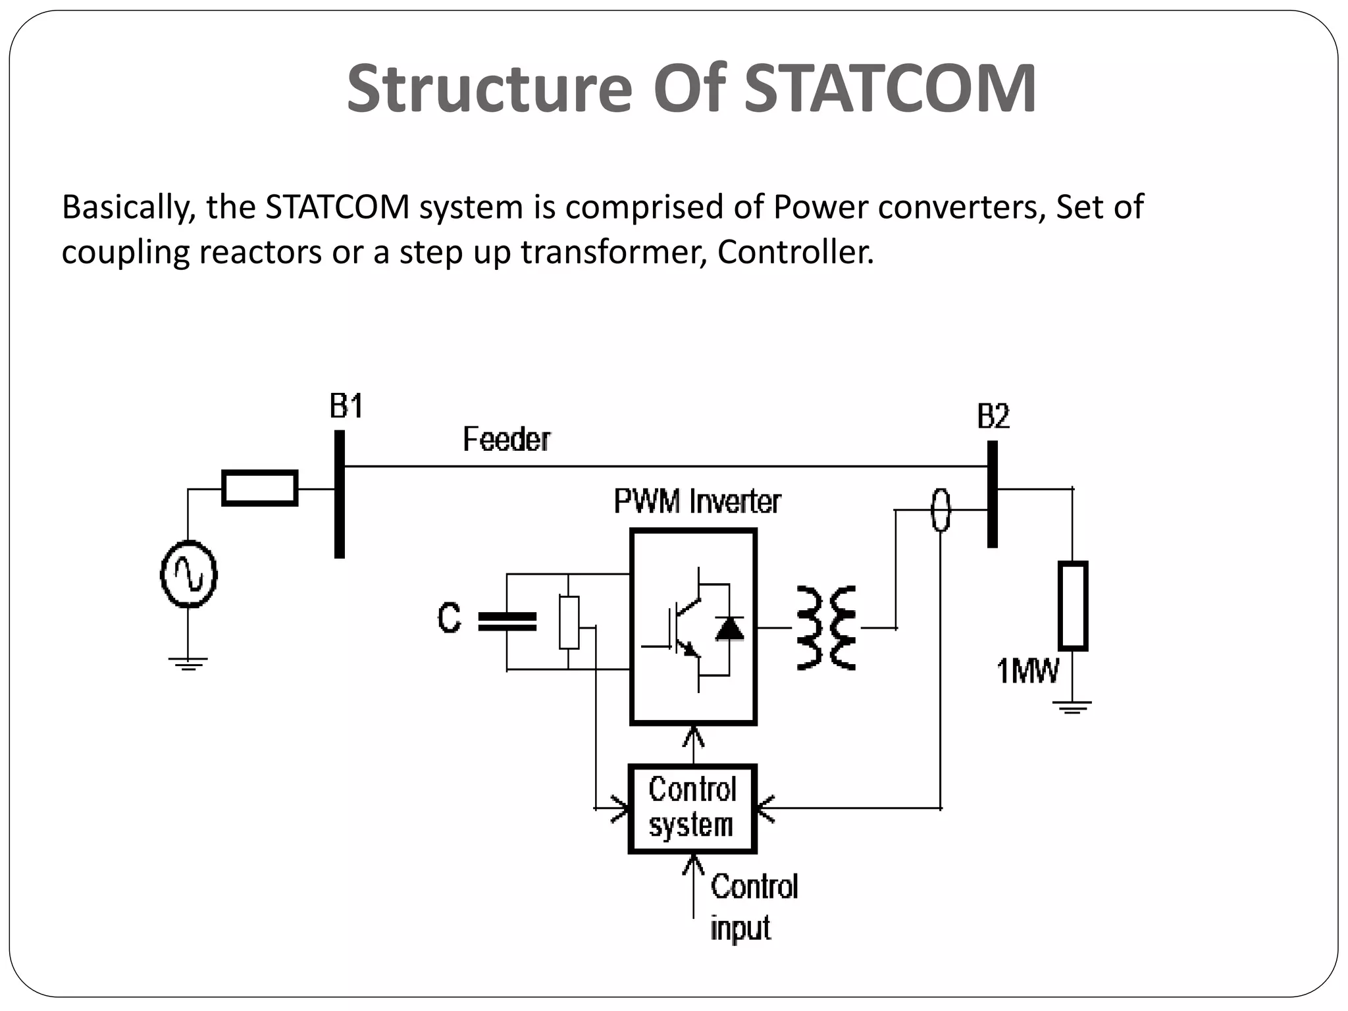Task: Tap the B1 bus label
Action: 346,407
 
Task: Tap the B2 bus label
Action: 993,417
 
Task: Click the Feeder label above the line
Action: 506,439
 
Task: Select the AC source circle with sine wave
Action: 189,574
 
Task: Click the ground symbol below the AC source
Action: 188,663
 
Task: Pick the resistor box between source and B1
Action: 260,488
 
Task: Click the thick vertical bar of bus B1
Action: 340,494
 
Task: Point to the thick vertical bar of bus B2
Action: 993,494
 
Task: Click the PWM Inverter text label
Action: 697,502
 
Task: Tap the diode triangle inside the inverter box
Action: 729,629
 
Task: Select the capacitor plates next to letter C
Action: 507,621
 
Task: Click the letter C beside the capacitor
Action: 450,619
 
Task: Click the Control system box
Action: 692,808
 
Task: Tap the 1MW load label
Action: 1027,671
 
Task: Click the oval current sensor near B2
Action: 941,509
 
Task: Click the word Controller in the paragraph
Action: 795,252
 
